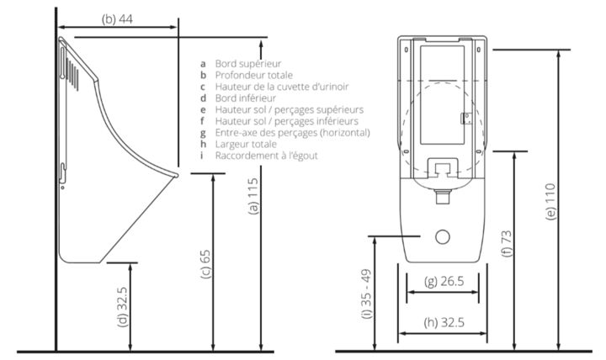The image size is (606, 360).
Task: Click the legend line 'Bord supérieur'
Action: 247,63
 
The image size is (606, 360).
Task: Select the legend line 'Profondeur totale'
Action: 253,75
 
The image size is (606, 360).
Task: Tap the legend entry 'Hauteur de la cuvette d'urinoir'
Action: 281,87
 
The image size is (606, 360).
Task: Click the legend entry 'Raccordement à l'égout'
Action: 266,156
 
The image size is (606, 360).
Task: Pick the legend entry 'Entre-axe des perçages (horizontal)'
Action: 292,133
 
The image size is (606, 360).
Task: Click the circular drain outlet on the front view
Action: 443,238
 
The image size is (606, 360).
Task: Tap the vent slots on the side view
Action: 74,68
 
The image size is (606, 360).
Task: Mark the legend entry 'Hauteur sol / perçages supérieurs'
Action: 289,109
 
